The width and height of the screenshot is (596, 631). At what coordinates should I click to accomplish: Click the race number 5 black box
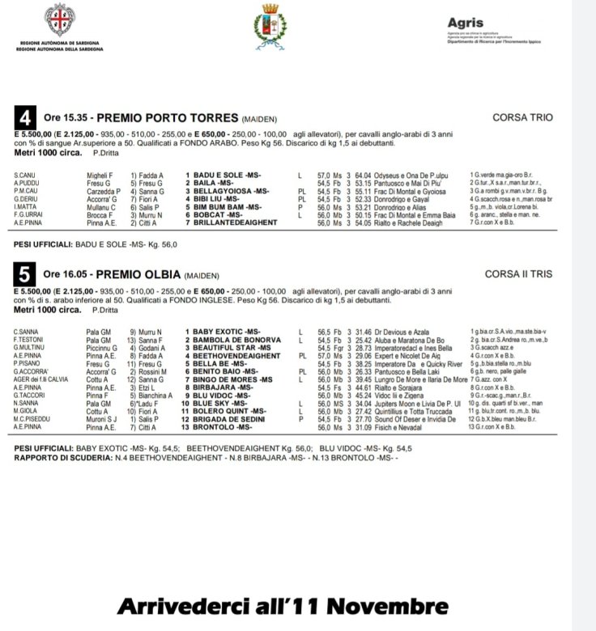[25, 275]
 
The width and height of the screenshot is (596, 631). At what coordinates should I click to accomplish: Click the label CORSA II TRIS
[519, 275]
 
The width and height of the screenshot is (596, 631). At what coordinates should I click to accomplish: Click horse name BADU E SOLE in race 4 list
[219, 175]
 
